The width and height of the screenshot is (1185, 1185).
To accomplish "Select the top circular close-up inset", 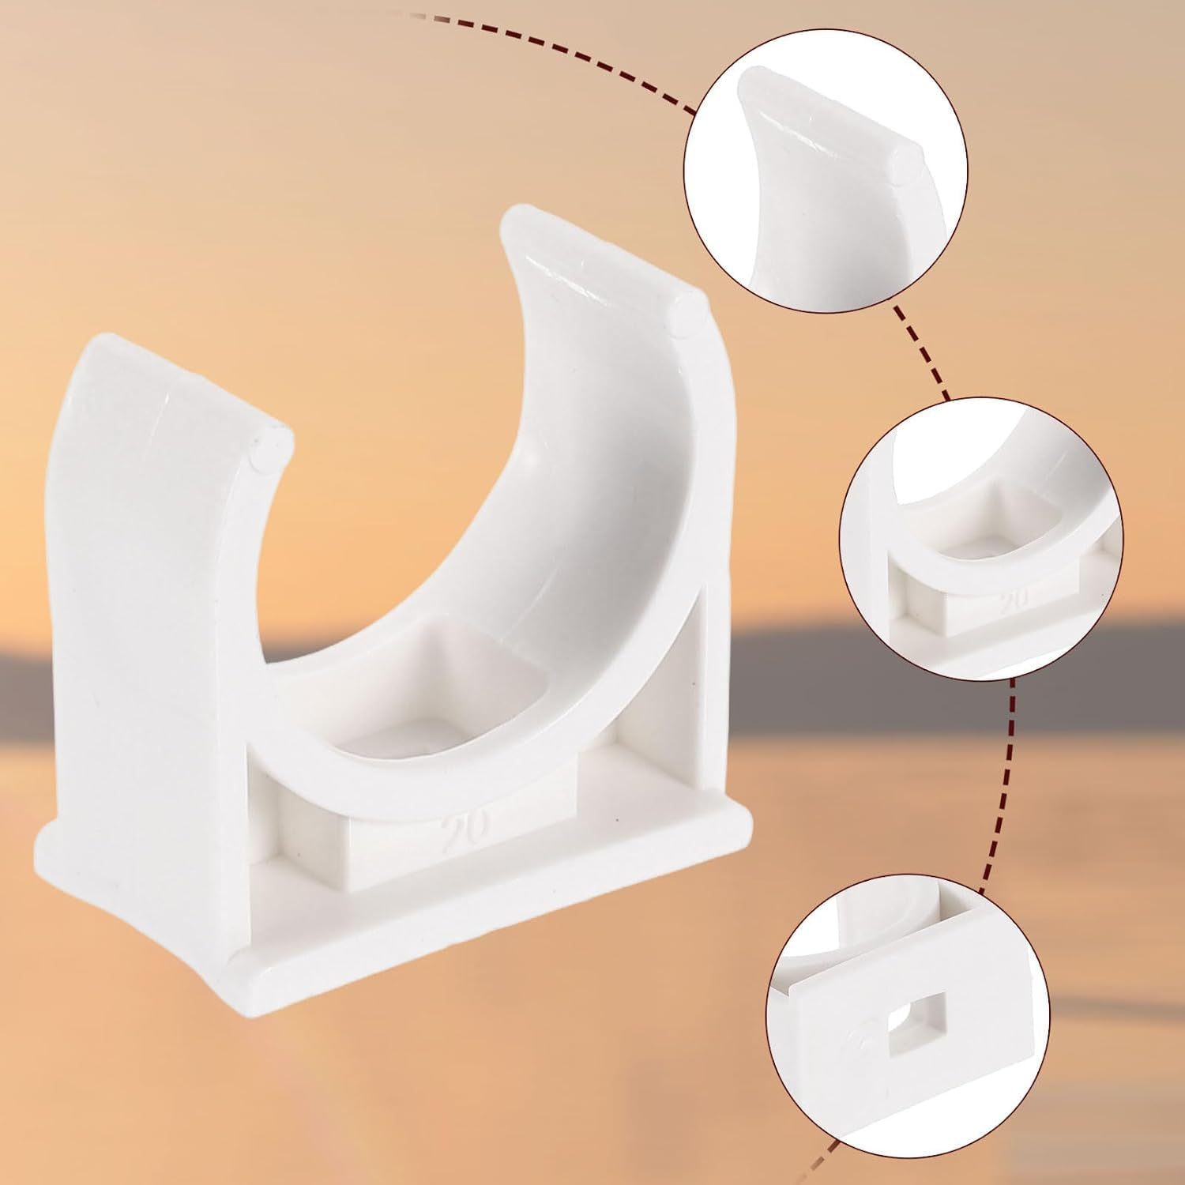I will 825,171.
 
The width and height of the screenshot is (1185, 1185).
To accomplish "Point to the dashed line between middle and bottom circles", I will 1000,782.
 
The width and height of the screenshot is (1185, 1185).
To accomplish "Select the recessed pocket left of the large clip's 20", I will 304,822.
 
